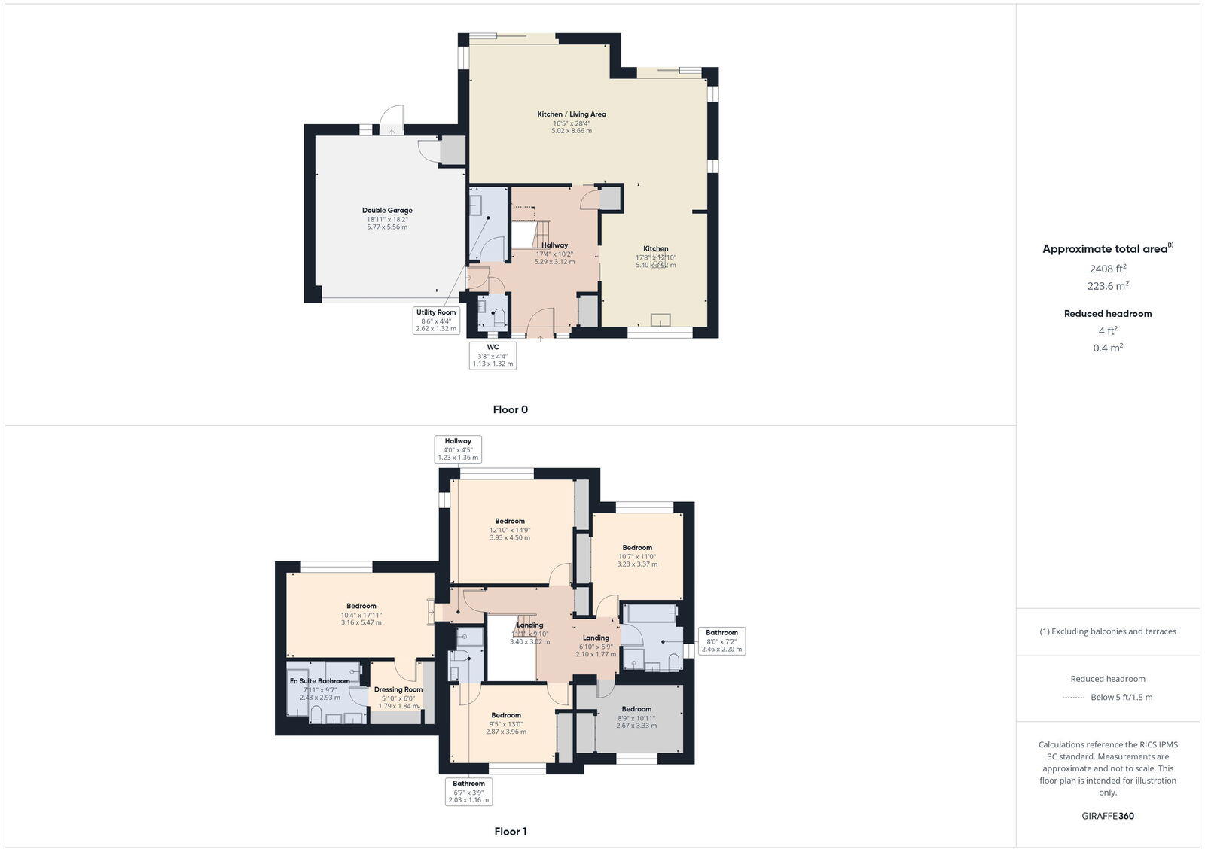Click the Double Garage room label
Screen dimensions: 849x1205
[387, 218]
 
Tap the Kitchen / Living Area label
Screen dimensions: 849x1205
[572, 122]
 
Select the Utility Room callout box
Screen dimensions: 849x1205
[436, 320]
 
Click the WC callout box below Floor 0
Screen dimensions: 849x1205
[493, 355]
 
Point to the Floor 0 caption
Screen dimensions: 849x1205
[510, 410]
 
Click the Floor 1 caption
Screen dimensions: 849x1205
[510, 832]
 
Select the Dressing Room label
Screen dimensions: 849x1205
[398, 697]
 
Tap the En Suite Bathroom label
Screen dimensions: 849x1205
[320, 689]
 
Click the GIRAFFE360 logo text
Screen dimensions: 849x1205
[1108, 816]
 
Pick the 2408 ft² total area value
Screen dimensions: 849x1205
[1108, 269]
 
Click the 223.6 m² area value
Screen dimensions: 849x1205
[1108, 286]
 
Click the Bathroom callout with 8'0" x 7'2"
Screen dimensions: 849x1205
[721, 641]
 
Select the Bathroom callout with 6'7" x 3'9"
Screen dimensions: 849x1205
[468, 791]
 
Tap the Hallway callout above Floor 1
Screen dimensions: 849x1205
[458, 449]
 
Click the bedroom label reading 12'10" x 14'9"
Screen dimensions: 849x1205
[510, 529]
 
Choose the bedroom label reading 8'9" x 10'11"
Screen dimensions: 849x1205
[636, 717]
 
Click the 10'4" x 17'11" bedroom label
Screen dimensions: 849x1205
[361, 614]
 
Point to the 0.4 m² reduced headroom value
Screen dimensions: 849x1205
[1108, 348]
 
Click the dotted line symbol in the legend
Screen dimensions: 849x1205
[1073, 698]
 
